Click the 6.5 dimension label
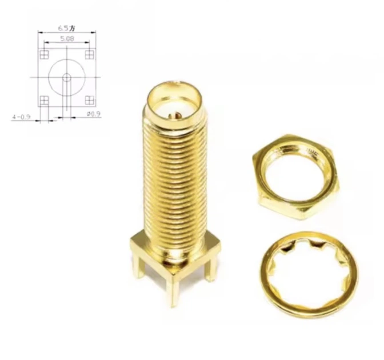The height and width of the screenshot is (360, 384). click(63, 28)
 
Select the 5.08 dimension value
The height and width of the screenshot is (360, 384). click(67, 38)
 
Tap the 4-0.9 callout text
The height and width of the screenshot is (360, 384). click(21, 117)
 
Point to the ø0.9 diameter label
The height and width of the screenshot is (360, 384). click(94, 114)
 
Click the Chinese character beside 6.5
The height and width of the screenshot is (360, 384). click(72, 29)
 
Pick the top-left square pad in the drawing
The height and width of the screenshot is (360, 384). click(45, 55)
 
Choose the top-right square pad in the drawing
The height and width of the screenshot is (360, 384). click(90, 55)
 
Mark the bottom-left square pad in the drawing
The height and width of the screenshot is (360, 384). click(45, 100)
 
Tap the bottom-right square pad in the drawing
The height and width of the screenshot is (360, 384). click(90, 100)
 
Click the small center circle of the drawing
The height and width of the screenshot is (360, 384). click(67, 78)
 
